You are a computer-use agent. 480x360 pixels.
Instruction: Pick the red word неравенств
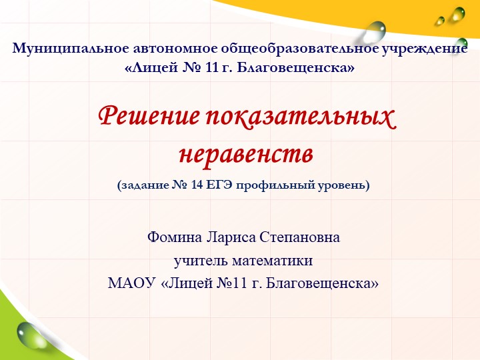[246, 154]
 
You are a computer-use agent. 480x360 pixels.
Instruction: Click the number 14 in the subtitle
[197, 185]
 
